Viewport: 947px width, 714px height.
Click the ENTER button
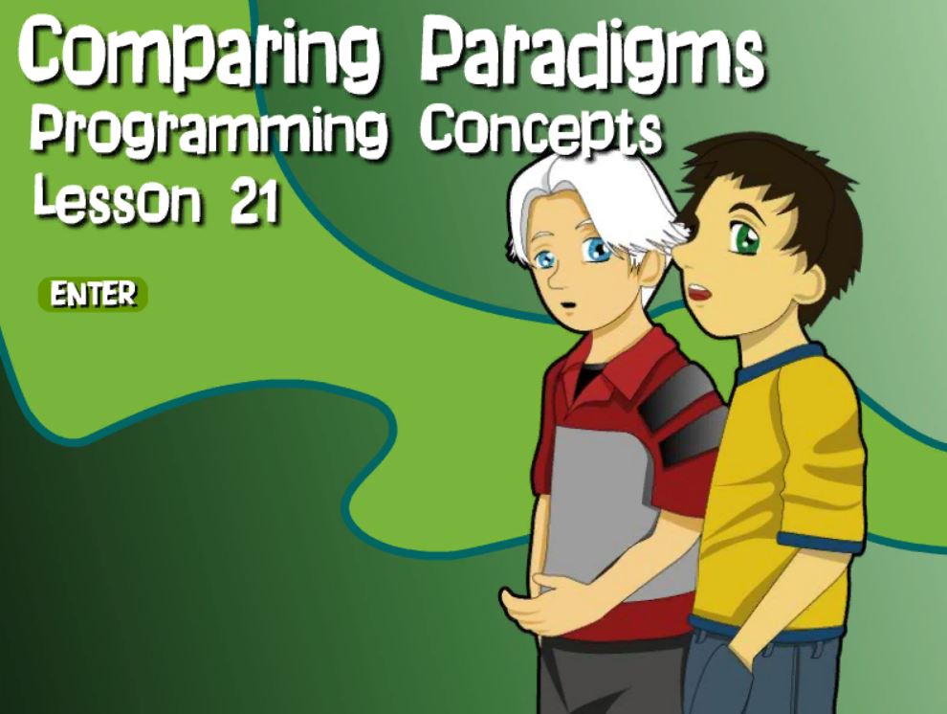93,295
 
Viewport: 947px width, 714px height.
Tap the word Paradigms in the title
590,54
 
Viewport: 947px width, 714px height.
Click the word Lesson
116,197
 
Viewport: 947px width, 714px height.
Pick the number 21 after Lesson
254,200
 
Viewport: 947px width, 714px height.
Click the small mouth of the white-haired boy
566,305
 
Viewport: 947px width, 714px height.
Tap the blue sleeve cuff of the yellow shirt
820,544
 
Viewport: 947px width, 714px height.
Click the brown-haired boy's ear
810,285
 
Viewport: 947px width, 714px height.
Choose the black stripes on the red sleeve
686,416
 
